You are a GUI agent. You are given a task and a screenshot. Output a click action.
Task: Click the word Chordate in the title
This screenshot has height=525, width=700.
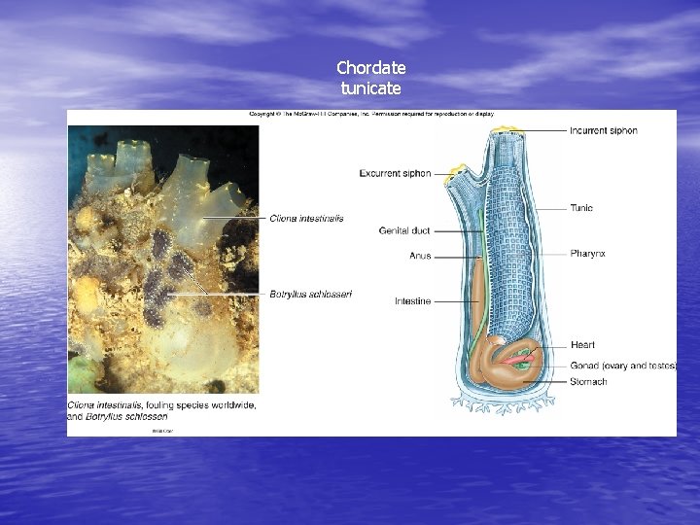point(370,68)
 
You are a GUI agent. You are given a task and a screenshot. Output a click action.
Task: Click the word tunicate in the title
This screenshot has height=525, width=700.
point(370,88)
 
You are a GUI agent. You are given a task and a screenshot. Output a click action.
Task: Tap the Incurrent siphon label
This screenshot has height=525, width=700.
point(603,130)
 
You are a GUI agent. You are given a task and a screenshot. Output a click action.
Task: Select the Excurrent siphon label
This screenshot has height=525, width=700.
point(395,174)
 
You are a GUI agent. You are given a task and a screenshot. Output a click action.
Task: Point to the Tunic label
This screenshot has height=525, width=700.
point(581,208)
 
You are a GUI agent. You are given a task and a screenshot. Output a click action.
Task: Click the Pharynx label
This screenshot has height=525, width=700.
point(587,254)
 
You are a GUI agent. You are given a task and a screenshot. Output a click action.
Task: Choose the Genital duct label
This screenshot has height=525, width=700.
point(404,231)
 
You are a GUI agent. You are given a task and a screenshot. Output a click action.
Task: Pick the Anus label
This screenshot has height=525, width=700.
point(420,256)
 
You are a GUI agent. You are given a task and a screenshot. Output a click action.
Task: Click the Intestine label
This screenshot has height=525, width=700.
point(412,301)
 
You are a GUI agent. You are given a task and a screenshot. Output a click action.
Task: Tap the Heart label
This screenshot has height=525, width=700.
point(582,345)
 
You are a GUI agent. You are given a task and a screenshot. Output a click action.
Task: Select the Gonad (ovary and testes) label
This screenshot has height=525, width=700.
point(623,366)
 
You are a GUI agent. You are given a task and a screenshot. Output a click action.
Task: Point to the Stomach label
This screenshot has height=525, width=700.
point(588,382)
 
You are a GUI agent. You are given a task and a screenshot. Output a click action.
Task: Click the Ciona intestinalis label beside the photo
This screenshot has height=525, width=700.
point(306,219)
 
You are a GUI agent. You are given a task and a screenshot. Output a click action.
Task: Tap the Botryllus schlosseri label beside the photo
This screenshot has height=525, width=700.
point(310,294)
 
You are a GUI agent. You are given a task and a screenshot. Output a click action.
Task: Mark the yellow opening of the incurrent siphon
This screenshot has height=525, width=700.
point(506,129)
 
